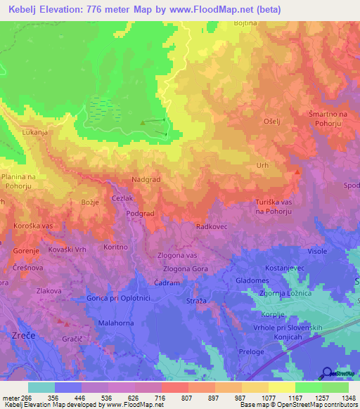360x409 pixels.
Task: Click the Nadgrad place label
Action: point(147,180)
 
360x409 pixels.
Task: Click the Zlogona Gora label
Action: point(185,268)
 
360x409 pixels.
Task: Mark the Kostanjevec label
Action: point(285,269)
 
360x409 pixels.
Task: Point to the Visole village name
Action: point(317,251)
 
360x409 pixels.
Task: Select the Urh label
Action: point(262,166)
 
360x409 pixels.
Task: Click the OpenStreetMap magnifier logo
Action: point(328,372)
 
